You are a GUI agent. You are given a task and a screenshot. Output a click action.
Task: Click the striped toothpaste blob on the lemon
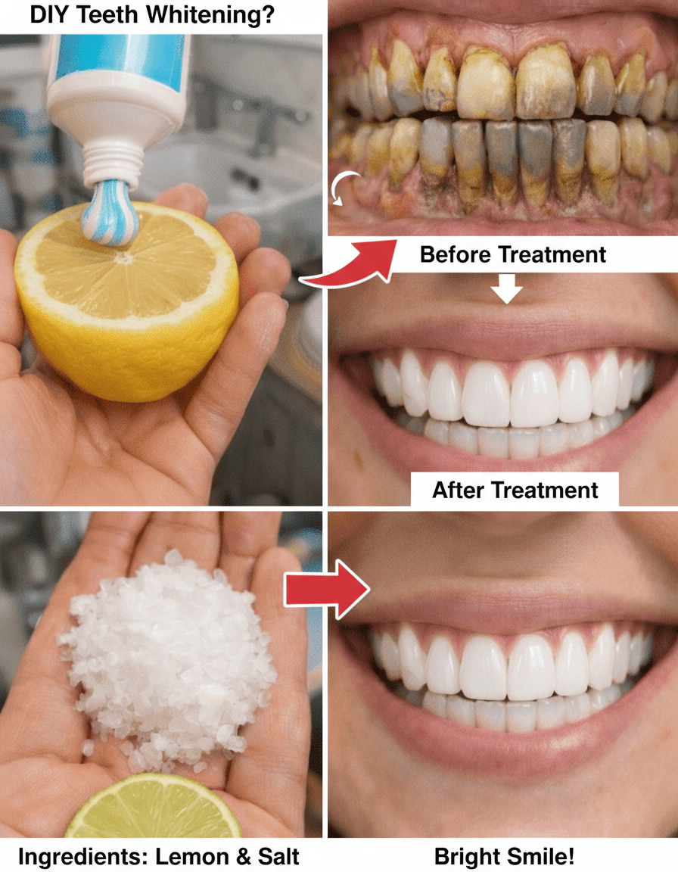(x=110, y=212)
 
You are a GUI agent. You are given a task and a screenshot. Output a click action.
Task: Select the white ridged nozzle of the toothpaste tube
(x=112, y=162)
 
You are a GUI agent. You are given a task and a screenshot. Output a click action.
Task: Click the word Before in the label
(x=455, y=254)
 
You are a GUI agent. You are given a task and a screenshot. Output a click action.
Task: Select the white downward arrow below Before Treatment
(x=507, y=288)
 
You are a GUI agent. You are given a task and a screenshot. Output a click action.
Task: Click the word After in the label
(x=459, y=490)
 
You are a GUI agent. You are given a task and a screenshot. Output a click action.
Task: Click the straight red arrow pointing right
(x=327, y=589)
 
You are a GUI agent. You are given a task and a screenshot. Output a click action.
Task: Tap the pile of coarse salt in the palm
(x=169, y=659)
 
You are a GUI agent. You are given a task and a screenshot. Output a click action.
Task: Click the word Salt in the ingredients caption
(x=279, y=857)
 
